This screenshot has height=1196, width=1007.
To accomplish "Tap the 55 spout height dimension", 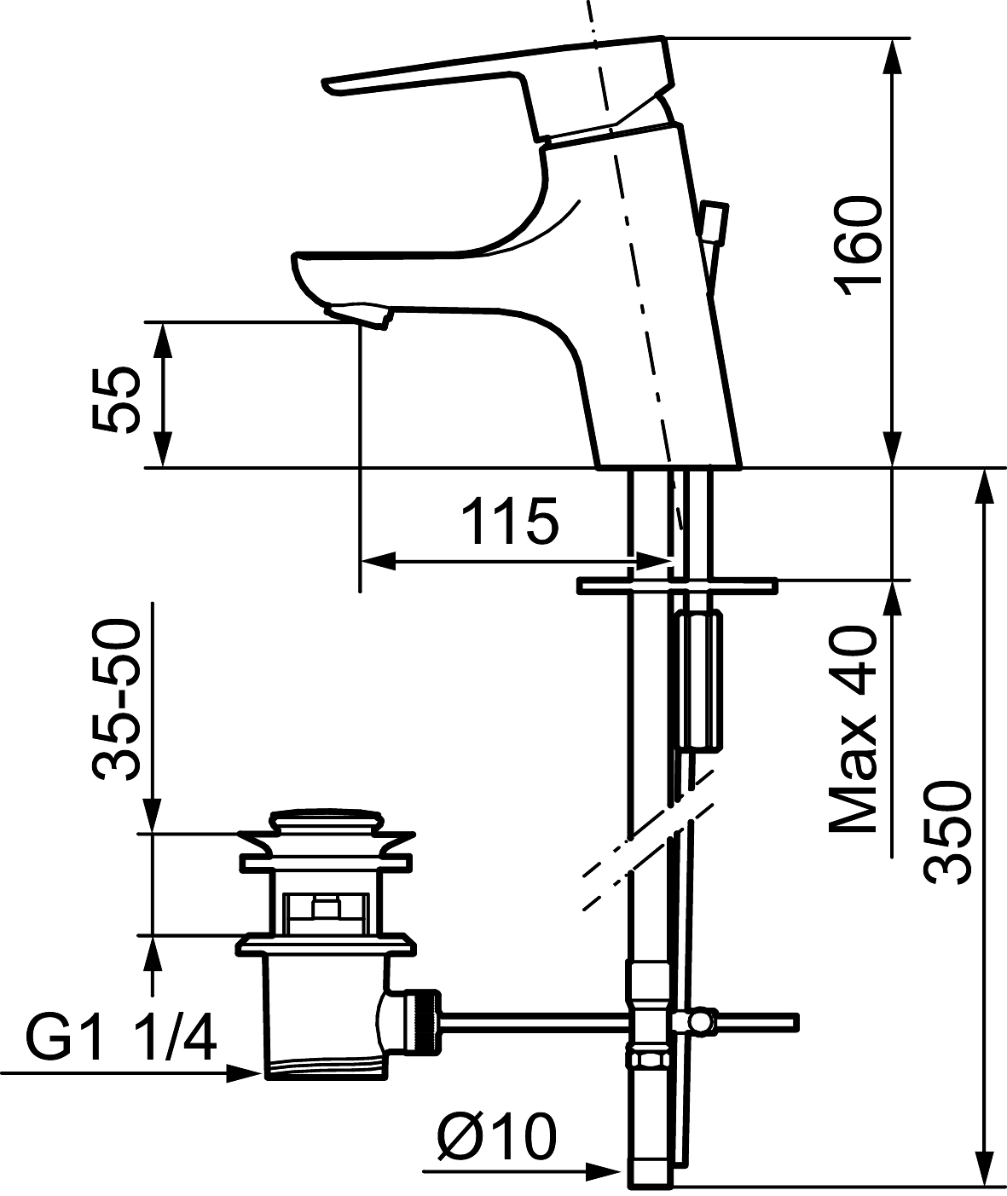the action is tap(115, 401).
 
